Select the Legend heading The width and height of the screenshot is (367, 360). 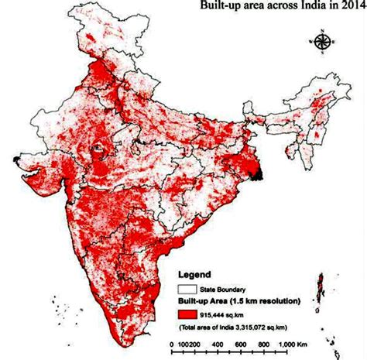197,274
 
